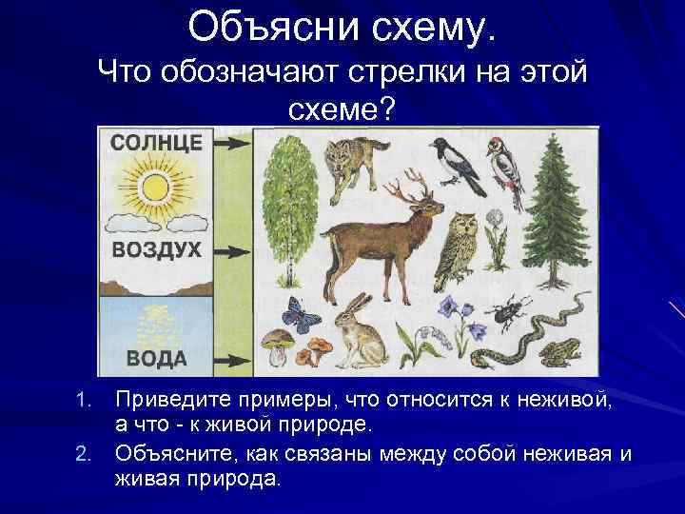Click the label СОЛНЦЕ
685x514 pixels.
[157, 144]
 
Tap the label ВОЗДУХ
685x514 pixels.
[156, 250]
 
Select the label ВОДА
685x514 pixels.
[156, 359]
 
